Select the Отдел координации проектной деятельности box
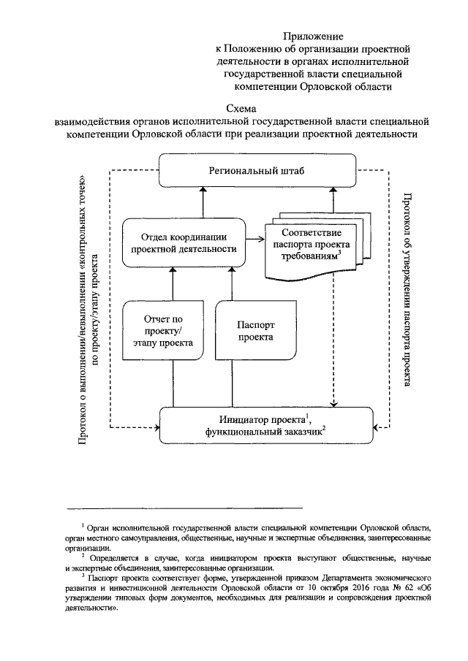coord(193,242)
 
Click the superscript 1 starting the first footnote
coord(84,524)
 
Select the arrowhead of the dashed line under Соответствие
coord(333,404)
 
